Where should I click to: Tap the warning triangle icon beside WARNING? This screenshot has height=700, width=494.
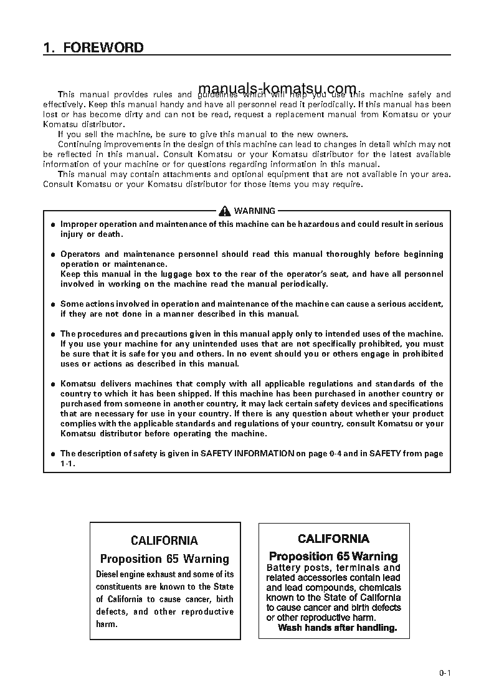tap(225, 211)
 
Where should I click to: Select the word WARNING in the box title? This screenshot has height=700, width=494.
tap(254, 211)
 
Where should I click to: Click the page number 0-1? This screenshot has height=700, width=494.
tap(444, 673)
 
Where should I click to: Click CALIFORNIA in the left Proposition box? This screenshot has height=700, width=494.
tap(164, 540)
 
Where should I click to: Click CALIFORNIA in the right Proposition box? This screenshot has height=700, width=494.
tap(333, 539)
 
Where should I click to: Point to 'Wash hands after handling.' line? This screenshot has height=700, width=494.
tap(337, 628)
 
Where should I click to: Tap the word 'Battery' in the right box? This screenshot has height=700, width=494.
tap(284, 568)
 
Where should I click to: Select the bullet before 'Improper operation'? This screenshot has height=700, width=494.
tap(53, 224)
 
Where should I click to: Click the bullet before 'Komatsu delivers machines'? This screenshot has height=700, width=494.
tap(53, 384)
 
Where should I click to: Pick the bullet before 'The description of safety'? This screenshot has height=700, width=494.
tap(53, 454)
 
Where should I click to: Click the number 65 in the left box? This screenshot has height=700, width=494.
tap(173, 559)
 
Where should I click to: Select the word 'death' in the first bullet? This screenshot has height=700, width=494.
tap(111, 234)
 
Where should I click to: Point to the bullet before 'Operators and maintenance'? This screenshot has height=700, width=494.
tap(53, 254)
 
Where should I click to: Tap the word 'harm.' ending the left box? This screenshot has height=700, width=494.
tap(107, 624)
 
